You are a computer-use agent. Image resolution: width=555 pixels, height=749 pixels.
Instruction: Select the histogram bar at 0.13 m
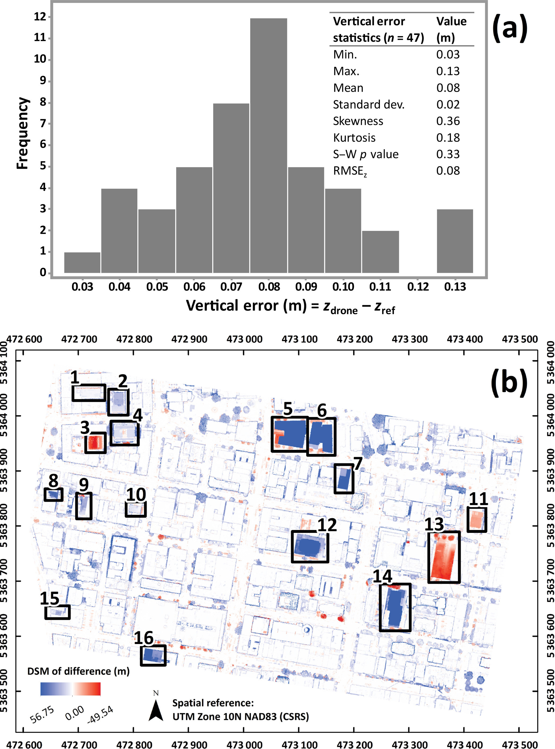click(455, 241)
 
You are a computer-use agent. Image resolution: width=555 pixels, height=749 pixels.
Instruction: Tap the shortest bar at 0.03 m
click(82, 262)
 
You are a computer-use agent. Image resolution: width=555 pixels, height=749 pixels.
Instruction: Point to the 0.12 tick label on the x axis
click(418, 287)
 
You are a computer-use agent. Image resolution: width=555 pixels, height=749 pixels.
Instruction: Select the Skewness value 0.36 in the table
click(448, 121)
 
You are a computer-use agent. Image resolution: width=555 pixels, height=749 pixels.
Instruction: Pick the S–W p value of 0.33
click(448, 154)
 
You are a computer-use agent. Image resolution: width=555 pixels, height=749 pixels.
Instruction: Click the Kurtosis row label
click(354, 138)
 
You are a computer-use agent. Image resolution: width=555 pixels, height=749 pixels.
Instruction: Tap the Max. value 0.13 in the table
click(448, 71)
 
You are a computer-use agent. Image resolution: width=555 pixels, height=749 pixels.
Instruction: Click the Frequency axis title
click(23, 133)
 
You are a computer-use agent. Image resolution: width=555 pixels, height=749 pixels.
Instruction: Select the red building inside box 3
click(95, 442)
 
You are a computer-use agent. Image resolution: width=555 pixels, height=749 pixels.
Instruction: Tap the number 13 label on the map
click(434, 524)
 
